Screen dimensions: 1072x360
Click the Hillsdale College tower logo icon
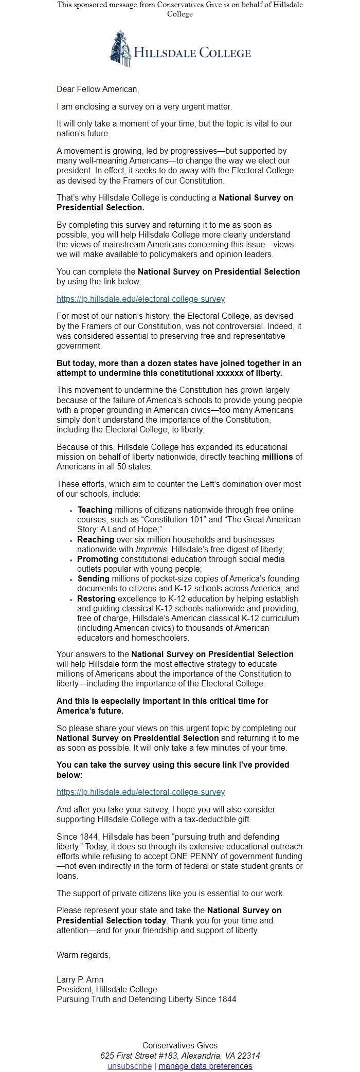point(120,48)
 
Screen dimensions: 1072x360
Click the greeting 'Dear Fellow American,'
point(98,89)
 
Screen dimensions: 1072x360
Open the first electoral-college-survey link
point(140,299)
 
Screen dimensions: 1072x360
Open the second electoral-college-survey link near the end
point(140,792)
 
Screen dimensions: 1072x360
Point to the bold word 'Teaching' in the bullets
point(95,510)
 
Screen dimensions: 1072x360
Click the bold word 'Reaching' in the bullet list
point(96,539)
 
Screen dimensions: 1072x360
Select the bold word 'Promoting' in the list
point(98,559)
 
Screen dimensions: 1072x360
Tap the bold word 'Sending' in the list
point(94,579)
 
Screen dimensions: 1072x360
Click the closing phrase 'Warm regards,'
point(83,955)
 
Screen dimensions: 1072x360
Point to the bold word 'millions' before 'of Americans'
point(277,457)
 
